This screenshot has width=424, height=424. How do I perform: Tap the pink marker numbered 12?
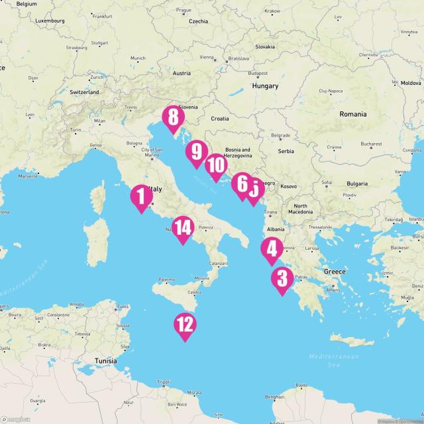click(x=185, y=325)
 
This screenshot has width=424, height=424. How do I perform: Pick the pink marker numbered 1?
click(x=140, y=196)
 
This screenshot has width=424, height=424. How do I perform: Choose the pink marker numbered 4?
click(x=271, y=250)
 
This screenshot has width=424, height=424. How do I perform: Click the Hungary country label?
click(x=265, y=86)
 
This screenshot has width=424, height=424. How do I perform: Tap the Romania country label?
click(x=352, y=114)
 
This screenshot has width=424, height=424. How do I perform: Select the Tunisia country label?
click(x=105, y=361)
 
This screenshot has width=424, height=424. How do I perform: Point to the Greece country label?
click(x=335, y=272)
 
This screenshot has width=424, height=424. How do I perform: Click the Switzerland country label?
click(x=84, y=92)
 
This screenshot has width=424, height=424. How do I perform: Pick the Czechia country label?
click(x=198, y=21)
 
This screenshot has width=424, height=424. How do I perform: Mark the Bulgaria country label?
click(x=357, y=184)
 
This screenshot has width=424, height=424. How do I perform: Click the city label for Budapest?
click(x=258, y=74)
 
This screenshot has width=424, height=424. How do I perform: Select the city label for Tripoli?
click(x=164, y=382)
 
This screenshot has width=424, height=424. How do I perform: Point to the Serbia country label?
click(x=286, y=151)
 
